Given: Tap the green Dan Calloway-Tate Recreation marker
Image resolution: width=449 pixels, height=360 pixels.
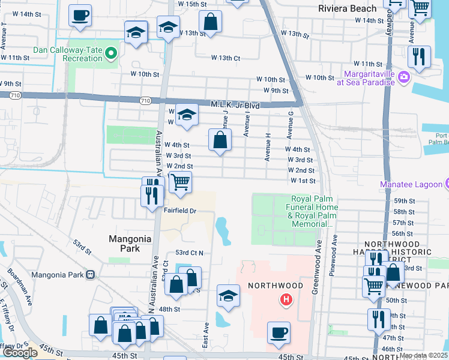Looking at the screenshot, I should pos(110,55).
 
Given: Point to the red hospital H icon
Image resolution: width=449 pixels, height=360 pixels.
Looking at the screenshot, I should pos(286,299).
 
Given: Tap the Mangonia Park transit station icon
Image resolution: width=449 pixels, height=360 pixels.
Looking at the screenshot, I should pos(91,275).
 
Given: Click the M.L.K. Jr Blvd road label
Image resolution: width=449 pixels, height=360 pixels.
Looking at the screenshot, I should pos(235,105).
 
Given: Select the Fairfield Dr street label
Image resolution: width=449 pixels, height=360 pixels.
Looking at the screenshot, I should pos(180,211).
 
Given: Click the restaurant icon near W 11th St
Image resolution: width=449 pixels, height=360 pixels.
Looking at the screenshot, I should pos(418,56).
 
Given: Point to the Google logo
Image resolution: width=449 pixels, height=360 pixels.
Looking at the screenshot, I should pos(20,353).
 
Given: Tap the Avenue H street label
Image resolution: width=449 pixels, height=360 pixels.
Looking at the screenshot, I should pos(267,146).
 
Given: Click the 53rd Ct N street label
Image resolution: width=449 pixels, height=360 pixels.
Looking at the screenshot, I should pos(190,253).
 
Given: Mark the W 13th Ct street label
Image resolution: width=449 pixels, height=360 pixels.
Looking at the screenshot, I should pos(226,58).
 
